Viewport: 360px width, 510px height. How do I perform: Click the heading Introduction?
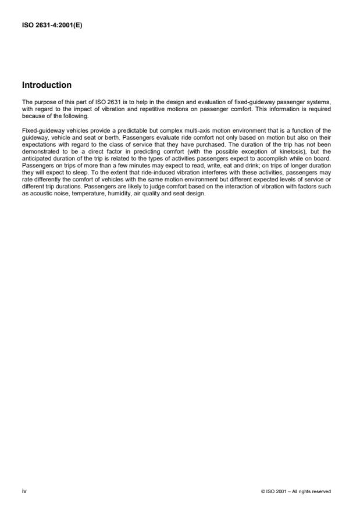(x=47, y=85)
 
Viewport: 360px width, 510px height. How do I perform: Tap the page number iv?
(x=24, y=491)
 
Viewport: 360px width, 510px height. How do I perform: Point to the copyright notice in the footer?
(x=296, y=491)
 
